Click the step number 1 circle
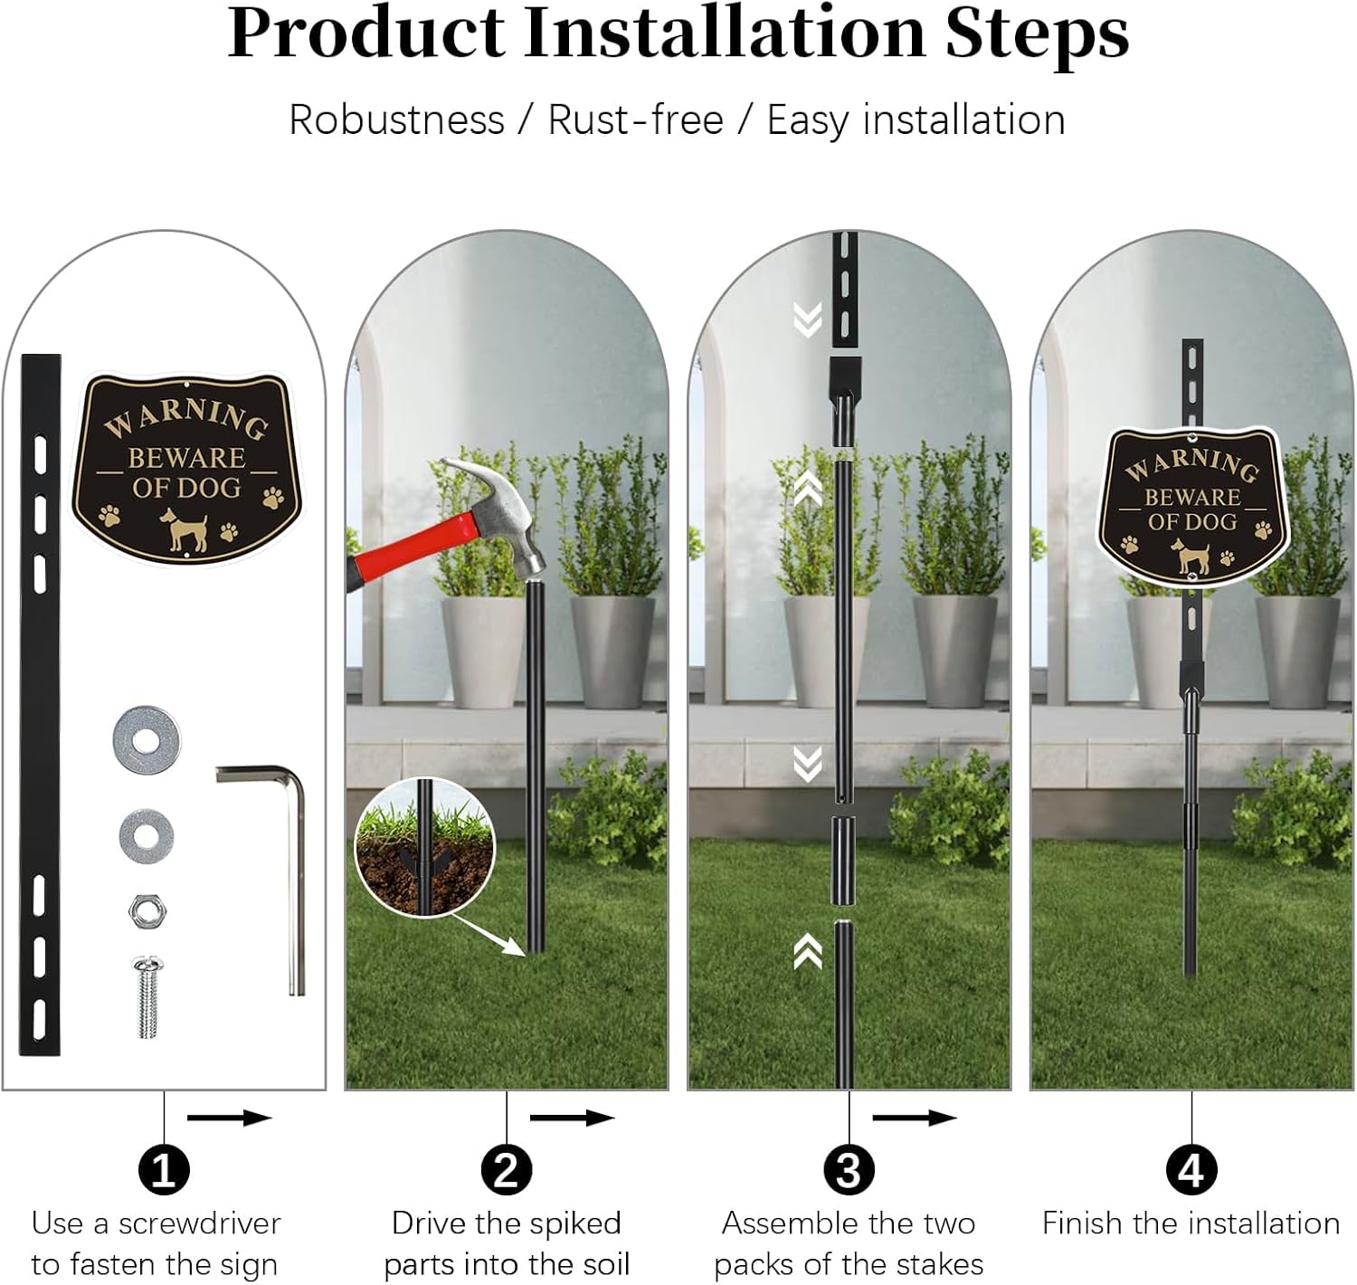164,1170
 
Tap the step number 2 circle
506,1170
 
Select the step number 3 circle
849,1170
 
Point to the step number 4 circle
1191,1170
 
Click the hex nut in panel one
147,911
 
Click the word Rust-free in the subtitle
635,120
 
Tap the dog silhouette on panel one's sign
185,528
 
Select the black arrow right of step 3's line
914,1118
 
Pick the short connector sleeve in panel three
842,861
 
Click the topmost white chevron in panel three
807,319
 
